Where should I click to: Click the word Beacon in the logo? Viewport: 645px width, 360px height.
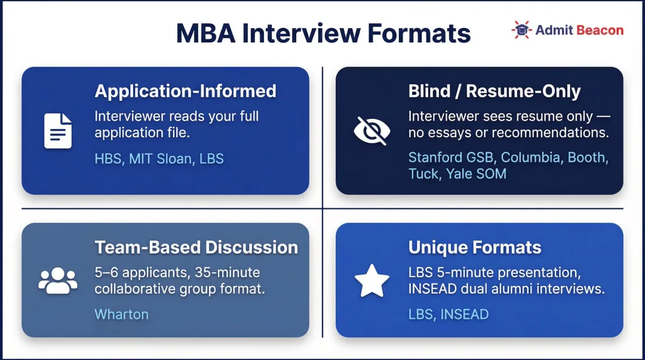click(x=600, y=30)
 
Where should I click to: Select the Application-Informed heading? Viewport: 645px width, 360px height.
click(x=185, y=91)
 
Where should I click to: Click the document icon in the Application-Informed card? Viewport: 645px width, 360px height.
click(x=58, y=131)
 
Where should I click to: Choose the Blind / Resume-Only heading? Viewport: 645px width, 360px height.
click(x=494, y=91)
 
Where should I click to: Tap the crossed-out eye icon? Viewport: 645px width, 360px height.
click(x=371, y=131)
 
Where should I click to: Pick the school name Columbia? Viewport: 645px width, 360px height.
click(x=532, y=158)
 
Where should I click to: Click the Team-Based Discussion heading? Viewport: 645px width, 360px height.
click(x=196, y=247)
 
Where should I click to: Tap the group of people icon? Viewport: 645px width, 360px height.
click(x=58, y=279)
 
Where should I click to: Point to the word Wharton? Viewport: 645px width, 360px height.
click(x=121, y=314)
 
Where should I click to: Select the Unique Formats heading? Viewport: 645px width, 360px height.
click(x=475, y=247)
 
